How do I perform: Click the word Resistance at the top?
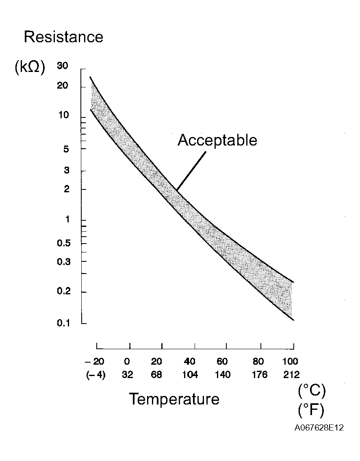pos(63,37)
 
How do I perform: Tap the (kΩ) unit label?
pos(29,67)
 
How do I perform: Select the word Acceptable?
pos(217,140)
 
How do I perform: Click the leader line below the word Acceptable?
pos(191,171)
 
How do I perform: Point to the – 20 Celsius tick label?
pos(95,361)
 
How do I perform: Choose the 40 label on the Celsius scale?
pos(190,361)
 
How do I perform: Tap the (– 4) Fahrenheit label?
pos(95,375)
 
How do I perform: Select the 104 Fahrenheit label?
pos(190,375)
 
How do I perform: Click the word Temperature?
pos(174,399)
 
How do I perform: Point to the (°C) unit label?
pos(312,391)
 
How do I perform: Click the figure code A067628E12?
pos(319,428)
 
